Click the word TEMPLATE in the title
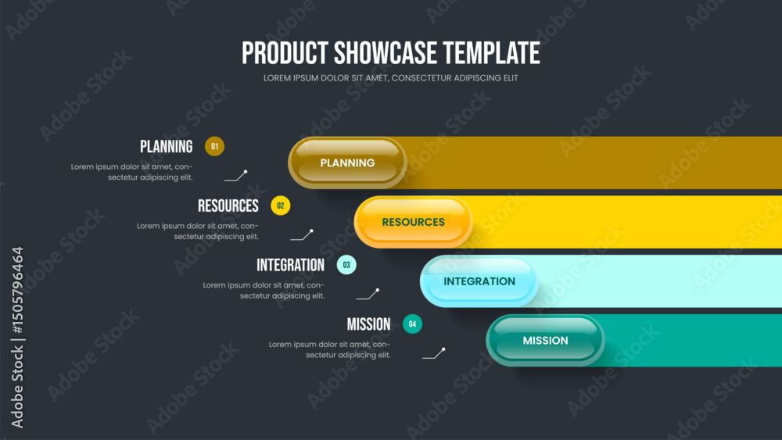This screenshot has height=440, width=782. pos(492,53)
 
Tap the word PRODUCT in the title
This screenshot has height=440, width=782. pos(285,53)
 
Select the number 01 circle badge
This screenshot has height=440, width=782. pos(214,146)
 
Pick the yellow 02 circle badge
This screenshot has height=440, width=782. pos(280,206)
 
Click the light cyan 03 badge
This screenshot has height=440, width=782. pos(346,265)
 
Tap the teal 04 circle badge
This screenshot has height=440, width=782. pos(412,324)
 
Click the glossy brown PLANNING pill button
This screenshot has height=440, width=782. pos(348,163)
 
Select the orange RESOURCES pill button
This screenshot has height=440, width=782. pos(414,222)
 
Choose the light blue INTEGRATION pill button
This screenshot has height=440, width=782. pos(479,281)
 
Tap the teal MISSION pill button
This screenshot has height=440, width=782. pos(545,340)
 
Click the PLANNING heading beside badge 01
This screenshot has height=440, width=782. pos(166,146)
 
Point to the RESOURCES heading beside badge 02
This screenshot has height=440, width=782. pos(228,206)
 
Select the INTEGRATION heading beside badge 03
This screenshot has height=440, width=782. pos(290,265)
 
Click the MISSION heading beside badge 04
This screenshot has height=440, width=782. pos(368,324)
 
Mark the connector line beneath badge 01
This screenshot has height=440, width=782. pos(236,177)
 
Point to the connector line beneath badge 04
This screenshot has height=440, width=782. pos(434,354)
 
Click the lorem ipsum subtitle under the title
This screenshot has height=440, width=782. pos(390,78)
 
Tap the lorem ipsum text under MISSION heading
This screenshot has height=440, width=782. pos(330,349)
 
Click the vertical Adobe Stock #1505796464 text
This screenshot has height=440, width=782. pos(17,338)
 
